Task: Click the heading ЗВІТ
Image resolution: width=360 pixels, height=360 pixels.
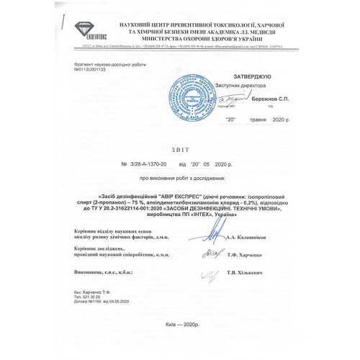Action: tap(179, 151)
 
